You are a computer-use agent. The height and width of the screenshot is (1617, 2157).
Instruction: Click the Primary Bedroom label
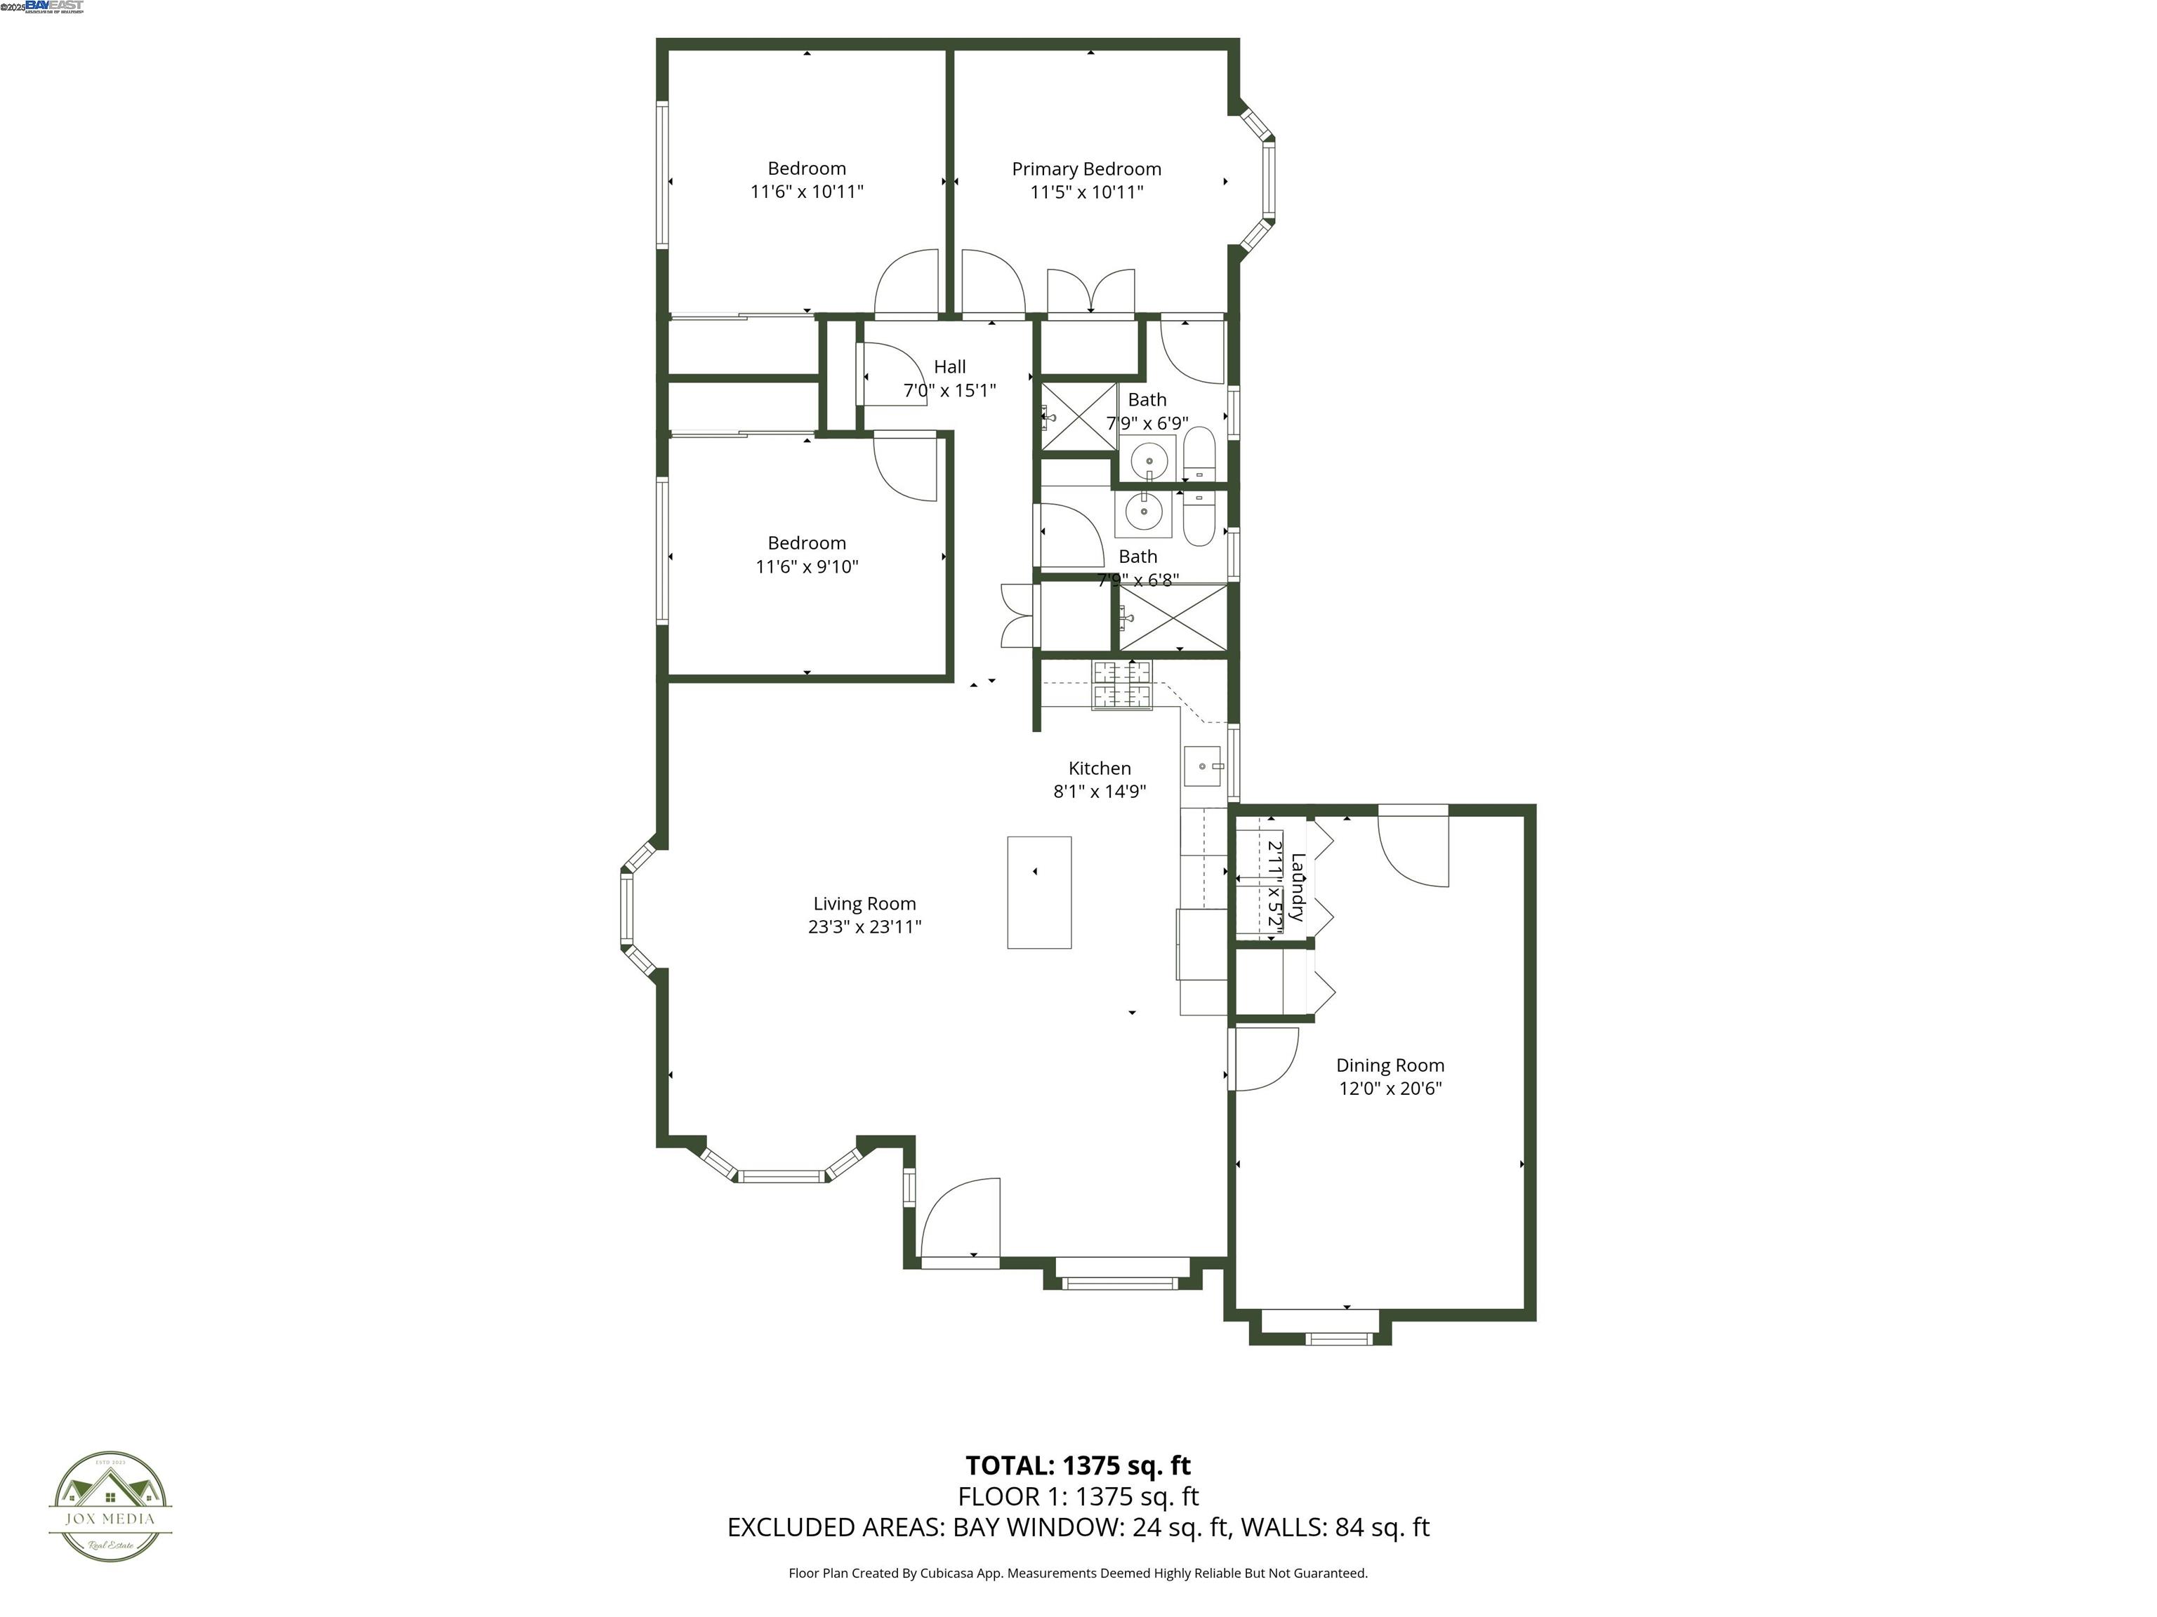pyautogui.click(x=1086, y=168)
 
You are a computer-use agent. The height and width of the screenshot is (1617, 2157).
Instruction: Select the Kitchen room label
pyautogui.click(x=1099, y=768)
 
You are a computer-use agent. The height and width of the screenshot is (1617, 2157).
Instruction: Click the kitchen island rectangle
pyautogui.click(x=1038, y=892)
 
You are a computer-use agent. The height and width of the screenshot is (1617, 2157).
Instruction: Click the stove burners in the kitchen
pyautogui.click(x=1121, y=685)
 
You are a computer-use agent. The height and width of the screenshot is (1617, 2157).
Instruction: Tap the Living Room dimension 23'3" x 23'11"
pyautogui.click(x=864, y=927)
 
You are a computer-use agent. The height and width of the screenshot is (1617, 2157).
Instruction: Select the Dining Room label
pyautogui.click(x=1390, y=1065)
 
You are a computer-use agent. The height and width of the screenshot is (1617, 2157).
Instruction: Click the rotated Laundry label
pyautogui.click(x=1298, y=887)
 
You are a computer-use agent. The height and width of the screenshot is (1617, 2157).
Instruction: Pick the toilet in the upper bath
pyautogui.click(x=1199, y=454)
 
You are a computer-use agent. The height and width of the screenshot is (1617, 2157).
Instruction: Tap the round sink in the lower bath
pyautogui.click(x=1142, y=510)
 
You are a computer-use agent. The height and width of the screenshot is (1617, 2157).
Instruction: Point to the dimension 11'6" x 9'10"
pyautogui.click(x=807, y=566)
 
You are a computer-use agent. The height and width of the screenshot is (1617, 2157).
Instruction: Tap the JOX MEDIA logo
pyautogui.click(x=110, y=1507)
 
